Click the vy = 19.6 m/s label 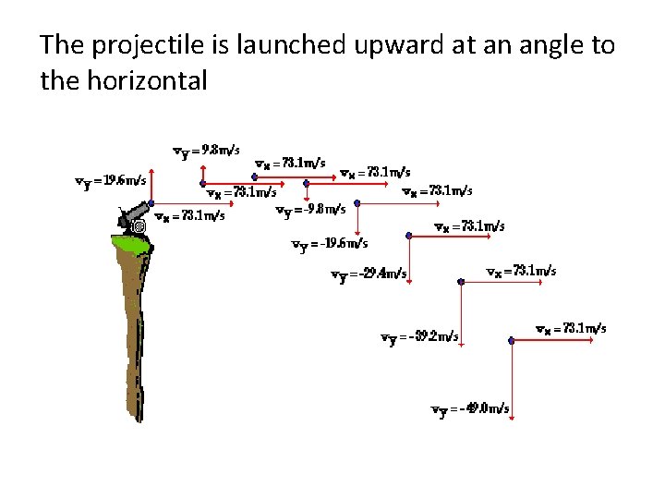click(x=110, y=181)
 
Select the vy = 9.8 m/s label click(x=207, y=150)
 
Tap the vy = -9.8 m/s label click(x=311, y=210)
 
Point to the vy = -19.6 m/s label click(x=330, y=244)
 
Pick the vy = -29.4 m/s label click(x=369, y=274)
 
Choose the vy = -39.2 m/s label click(x=420, y=337)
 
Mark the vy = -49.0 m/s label click(x=470, y=409)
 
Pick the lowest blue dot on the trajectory click(x=513, y=341)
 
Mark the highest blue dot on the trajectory click(x=256, y=176)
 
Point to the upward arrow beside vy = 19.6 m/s click(x=152, y=185)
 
